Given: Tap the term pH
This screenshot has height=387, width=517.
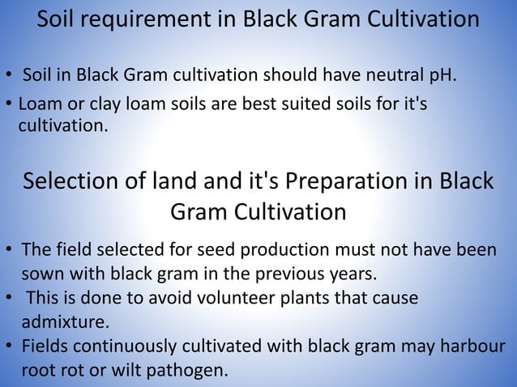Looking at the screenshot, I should (437, 77).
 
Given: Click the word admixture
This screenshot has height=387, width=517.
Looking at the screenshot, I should (64, 322).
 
